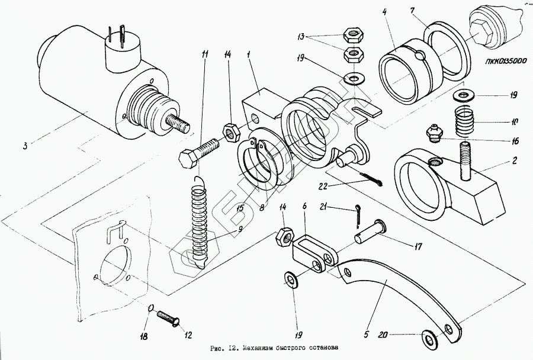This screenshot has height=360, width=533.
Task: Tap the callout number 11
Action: point(204,54)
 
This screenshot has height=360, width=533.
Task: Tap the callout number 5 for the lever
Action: point(367,335)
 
